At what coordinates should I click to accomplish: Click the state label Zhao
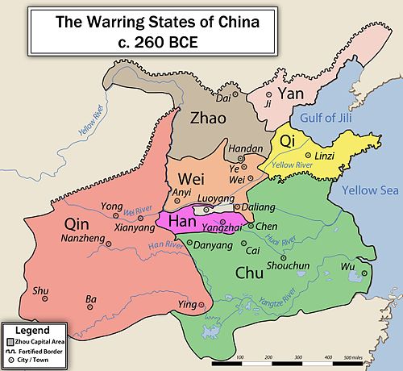point(214,118)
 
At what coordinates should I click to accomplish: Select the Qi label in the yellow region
point(287,141)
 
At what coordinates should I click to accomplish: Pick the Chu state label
point(251,273)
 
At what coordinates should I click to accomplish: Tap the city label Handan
point(245,149)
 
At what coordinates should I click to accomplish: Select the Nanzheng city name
point(85,240)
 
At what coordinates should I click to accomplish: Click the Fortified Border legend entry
point(39,350)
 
